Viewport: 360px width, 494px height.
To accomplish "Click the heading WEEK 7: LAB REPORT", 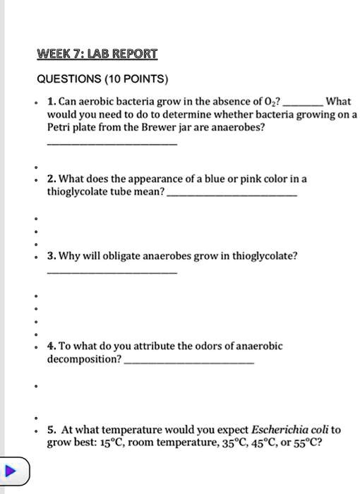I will (97, 54).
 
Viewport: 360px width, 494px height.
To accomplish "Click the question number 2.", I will (51, 179).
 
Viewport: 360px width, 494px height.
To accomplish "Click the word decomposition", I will (83, 359).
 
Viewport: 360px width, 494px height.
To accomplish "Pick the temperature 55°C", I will (305, 442).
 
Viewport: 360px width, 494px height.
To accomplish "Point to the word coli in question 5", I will (314, 429).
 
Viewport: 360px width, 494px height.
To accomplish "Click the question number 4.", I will (51, 346).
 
